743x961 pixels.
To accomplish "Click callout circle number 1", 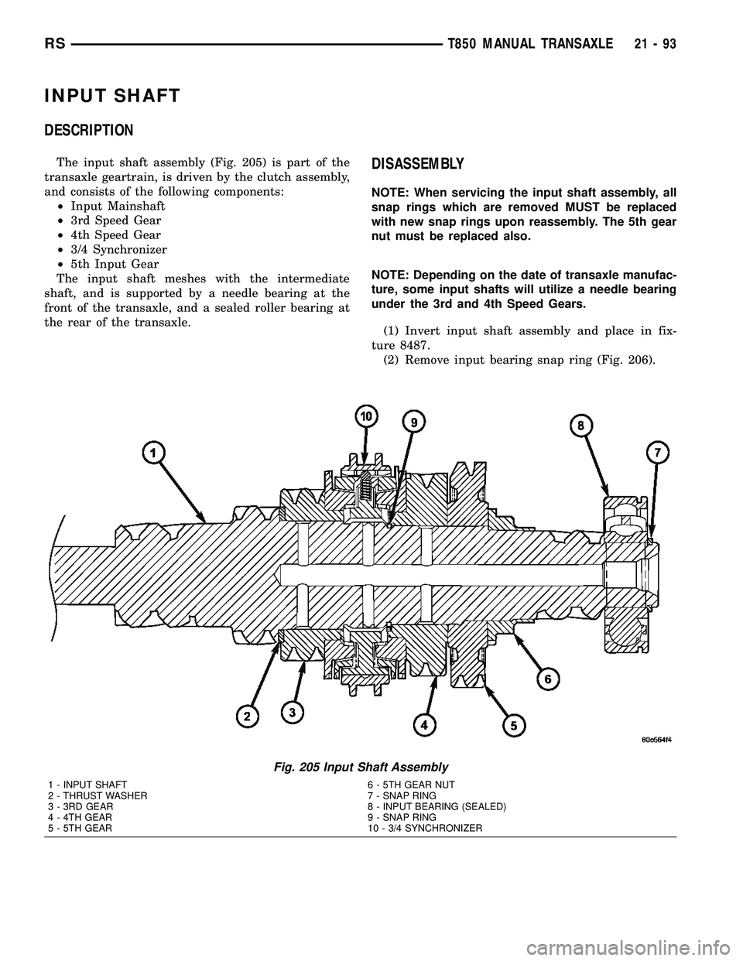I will pyautogui.click(x=153, y=453).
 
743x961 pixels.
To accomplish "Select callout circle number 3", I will pyautogui.click(x=292, y=711).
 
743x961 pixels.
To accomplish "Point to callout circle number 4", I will pyautogui.click(x=423, y=723).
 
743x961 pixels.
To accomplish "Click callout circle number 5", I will pyautogui.click(x=514, y=725).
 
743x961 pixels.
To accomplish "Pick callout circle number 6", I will pyautogui.click(x=548, y=679).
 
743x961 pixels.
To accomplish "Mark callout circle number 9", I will pyautogui.click(x=415, y=422).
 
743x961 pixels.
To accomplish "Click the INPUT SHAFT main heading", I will pyautogui.click(x=113, y=96).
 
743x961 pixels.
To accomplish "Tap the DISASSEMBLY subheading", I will pyautogui.click(x=418, y=164).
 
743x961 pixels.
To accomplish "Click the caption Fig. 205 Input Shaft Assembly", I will pyautogui.click(x=361, y=767).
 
